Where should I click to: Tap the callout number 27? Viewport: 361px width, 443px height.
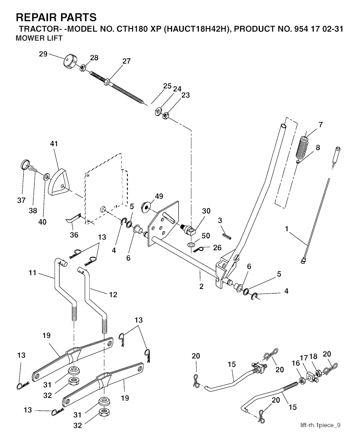pyautogui.click(x=127, y=61)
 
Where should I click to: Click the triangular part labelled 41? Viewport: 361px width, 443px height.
pyautogui.click(x=58, y=181)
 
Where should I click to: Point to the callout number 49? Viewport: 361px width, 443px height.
pyautogui.click(x=159, y=196)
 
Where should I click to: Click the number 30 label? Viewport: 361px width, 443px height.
pyautogui.click(x=206, y=211)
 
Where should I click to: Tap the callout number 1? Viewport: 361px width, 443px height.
pyautogui.click(x=287, y=229)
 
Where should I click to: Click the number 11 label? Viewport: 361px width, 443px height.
pyautogui.click(x=32, y=272)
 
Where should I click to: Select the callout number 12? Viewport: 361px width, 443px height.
pyautogui.click(x=113, y=295)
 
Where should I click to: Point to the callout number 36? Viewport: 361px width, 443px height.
pyautogui.click(x=74, y=235)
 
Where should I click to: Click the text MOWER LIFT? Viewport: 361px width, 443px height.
pyautogui.click(x=39, y=38)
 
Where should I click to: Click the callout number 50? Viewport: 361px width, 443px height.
pyautogui.click(x=206, y=236)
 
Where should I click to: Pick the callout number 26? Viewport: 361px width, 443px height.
pyautogui.click(x=217, y=247)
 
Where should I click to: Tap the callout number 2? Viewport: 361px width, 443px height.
pyautogui.click(x=201, y=286)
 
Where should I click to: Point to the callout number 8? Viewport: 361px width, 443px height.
pyautogui.click(x=318, y=147)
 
